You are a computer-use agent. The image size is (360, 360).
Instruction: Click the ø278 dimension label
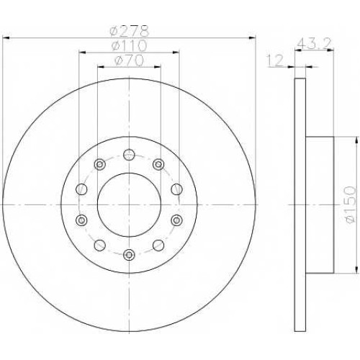(x=130, y=31)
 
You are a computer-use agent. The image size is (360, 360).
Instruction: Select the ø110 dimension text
(x=129, y=45)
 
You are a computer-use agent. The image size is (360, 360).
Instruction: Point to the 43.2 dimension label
(x=314, y=44)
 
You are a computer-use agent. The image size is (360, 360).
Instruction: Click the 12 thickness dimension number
(x=276, y=60)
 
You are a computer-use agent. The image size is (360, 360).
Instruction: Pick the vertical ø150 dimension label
(x=351, y=204)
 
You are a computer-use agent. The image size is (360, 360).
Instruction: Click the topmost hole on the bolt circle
(x=129, y=155)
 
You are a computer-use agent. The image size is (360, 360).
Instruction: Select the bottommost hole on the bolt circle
(x=129, y=255)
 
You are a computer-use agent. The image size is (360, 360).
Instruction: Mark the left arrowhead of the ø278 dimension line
(x=6, y=38)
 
